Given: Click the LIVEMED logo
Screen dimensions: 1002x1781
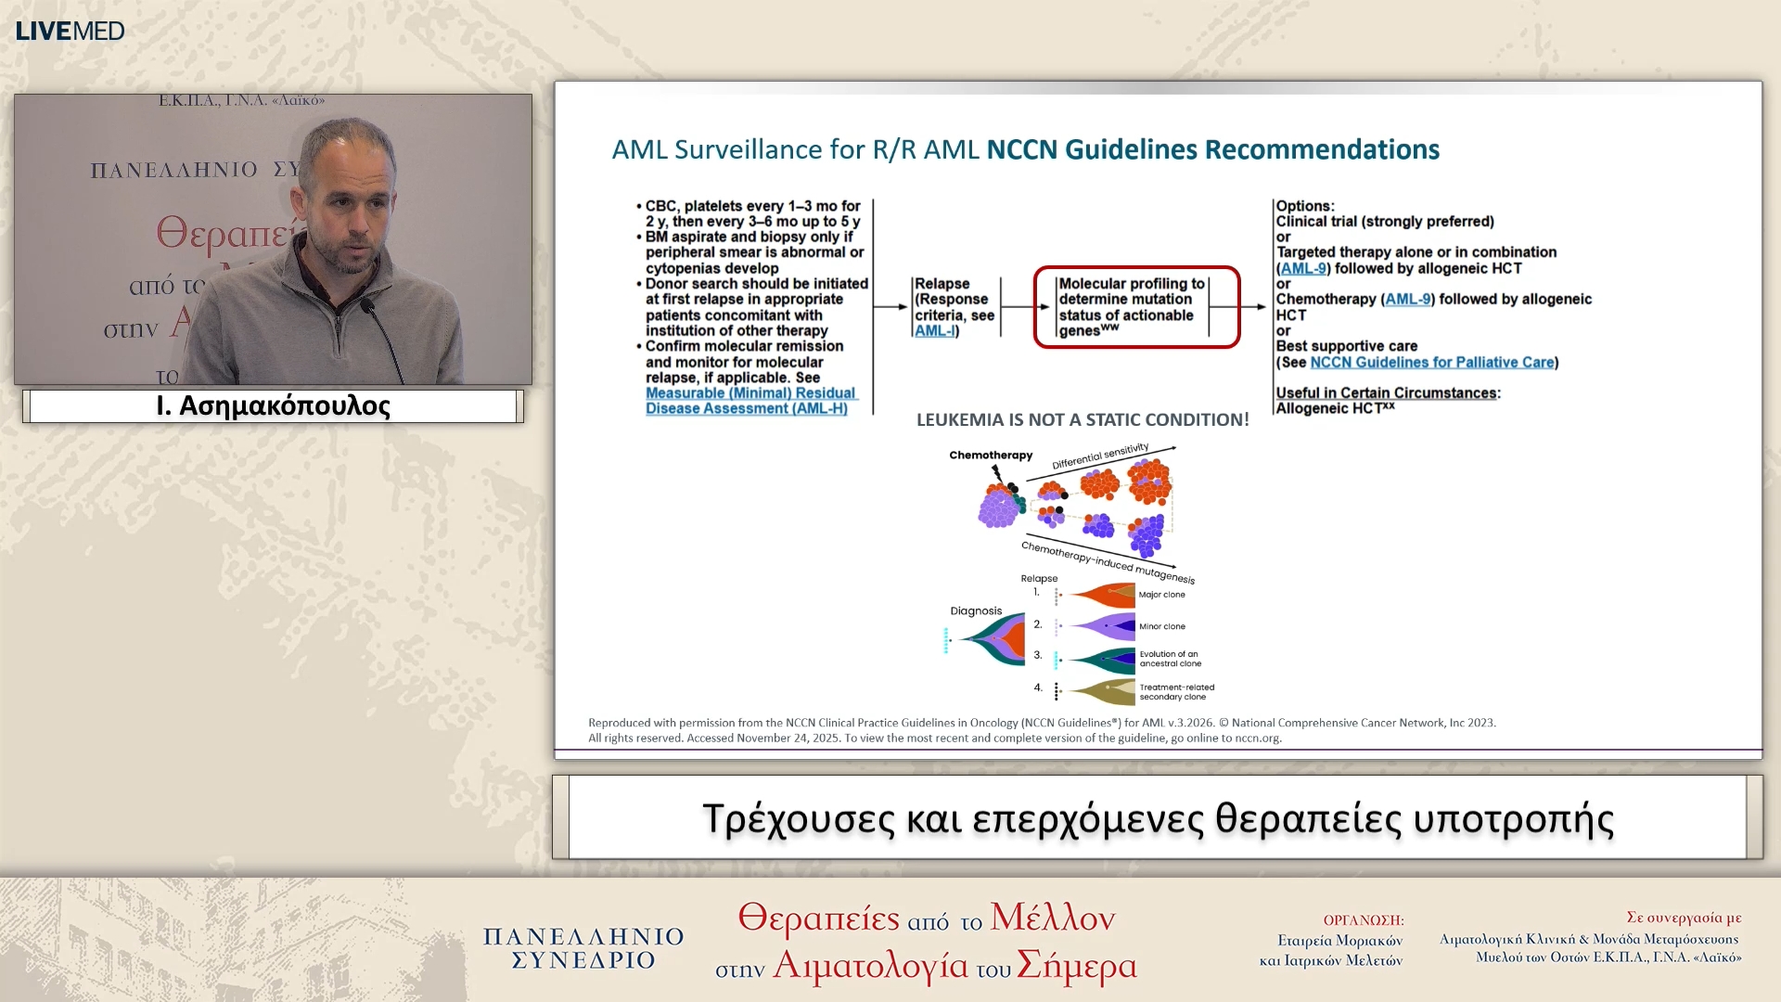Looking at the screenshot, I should [x=70, y=31].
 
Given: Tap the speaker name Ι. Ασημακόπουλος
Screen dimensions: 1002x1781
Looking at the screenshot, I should [x=273, y=406].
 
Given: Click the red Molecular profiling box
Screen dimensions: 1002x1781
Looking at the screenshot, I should [x=1135, y=307].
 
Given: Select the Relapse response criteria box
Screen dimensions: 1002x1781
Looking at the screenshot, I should [x=954, y=307].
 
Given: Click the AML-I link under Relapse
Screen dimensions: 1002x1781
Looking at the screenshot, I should [x=934, y=331].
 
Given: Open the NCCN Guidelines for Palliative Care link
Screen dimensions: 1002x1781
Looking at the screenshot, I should [x=1431, y=363].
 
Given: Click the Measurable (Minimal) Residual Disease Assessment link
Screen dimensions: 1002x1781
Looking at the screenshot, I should [x=750, y=401].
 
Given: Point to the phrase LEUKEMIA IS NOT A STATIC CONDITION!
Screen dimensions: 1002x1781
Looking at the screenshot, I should [x=1082, y=420].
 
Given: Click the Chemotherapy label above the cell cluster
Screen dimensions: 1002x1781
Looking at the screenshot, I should [x=990, y=456].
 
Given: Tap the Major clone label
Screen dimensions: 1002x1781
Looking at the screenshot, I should [x=1161, y=595].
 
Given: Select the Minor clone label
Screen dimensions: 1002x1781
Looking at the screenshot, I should [x=1161, y=626].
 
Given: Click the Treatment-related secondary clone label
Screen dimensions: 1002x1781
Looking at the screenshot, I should [x=1175, y=692].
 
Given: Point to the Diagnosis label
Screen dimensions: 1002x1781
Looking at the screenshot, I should [x=976, y=611].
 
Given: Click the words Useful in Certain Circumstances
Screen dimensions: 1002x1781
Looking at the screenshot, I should [x=1385, y=393].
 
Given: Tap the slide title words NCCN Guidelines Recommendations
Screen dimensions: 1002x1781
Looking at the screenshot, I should [x=1211, y=149].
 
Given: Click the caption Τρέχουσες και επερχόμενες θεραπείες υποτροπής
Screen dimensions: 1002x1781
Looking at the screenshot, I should [x=1157, y=819].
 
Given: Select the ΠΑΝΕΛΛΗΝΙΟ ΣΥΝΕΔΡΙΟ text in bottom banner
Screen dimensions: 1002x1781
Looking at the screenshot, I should [x=583, y=948].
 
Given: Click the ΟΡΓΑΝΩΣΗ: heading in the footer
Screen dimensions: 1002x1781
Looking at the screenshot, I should [x=1363, y=920].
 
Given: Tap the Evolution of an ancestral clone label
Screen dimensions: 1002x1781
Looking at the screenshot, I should [x=1169, y=659].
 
